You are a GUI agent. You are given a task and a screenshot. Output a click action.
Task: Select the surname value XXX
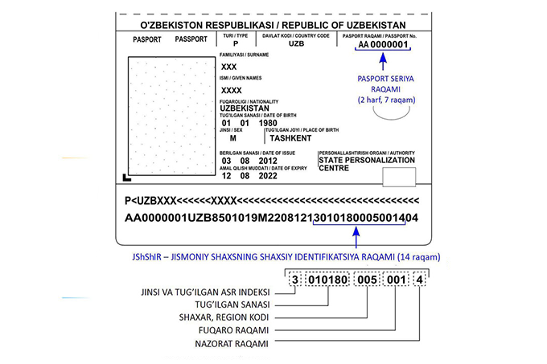click(x=229, y=66)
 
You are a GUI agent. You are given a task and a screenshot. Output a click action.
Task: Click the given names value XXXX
click(x=232, y=90)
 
